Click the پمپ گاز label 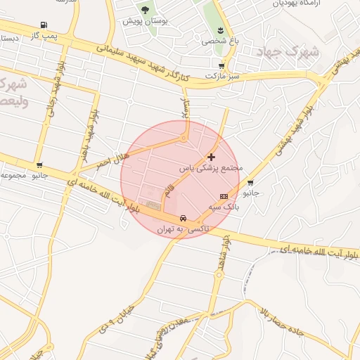[x=44, y=34]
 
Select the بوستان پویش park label [x=146, y=20]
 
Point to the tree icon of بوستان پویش [x=146, y=10]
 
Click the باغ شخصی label [x=220, y=41]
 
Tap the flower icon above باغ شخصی [x=221, y=30]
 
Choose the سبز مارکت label [x=223, y=75]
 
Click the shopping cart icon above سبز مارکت [x=222, y=65]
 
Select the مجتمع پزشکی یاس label [x=212, y=169]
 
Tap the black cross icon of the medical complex [x=211, y=157]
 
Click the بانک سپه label [x=226, y=207]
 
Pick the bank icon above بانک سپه [x=224, y=196]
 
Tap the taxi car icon [x=183, y=218]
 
